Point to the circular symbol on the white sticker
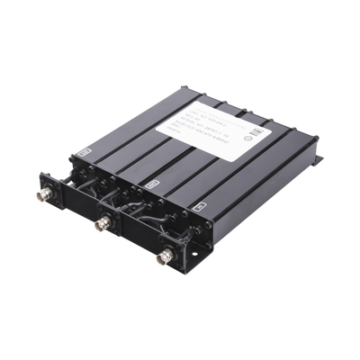pos(246,138)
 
